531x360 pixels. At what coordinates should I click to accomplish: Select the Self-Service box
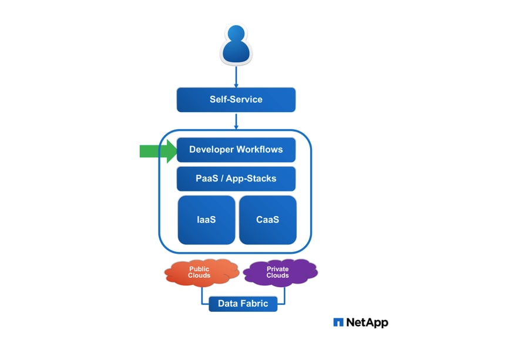point(236,99)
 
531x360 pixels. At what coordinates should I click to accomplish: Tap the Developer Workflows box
point(236,150)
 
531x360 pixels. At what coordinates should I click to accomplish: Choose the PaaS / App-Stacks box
point(236,179)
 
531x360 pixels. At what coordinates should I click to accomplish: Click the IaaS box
point(206,220)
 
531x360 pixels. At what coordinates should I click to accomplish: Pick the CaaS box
point(267,220)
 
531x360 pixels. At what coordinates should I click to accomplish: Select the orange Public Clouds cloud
point(200,272)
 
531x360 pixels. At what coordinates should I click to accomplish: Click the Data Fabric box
point(243,304)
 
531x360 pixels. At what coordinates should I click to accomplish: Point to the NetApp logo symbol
point(338,322)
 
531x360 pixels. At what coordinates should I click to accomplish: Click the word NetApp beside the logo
point(367,322)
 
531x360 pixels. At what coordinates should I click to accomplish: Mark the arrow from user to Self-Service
point(236,76)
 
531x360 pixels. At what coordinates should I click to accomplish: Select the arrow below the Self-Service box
point(236,120)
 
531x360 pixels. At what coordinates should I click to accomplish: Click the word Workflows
point(260,150)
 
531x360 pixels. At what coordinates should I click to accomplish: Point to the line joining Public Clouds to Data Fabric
point(203,297)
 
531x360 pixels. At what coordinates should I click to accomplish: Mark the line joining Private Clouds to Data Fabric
point(284,297)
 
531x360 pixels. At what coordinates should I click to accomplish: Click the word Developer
point(211,150)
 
